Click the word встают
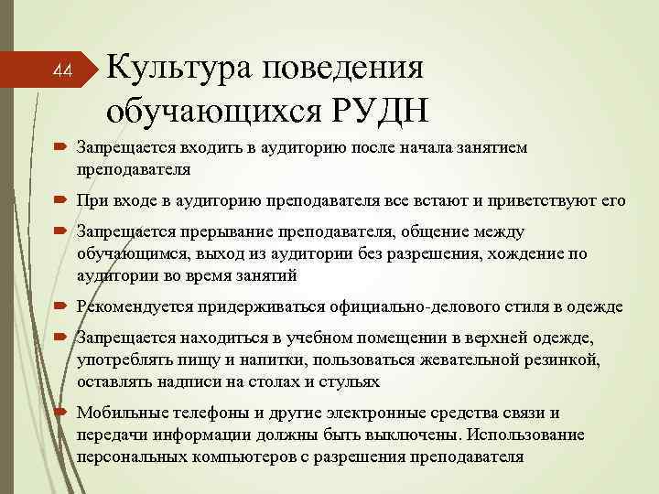click(445, 199)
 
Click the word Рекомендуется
click(127, 306)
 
